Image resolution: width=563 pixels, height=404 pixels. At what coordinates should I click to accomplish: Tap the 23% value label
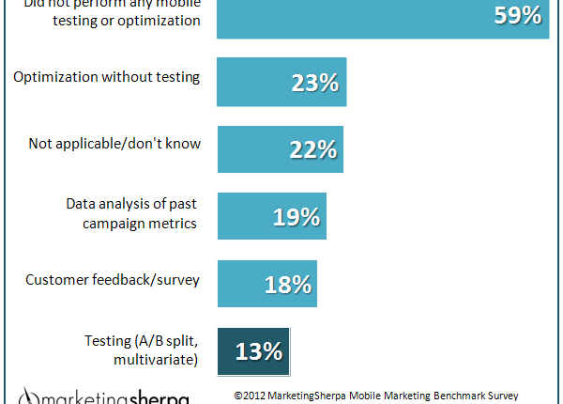[x=314, y=83]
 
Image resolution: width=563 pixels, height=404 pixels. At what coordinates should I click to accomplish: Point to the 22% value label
[x=312, y=150]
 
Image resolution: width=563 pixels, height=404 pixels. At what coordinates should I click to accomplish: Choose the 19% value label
[x=297, y=218]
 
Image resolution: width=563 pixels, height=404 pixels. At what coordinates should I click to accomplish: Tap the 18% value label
[x=290, y=285]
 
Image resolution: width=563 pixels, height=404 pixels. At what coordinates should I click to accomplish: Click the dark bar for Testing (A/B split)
[x=235, y=351]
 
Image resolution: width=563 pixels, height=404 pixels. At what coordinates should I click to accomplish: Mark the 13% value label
[x=258, y=352]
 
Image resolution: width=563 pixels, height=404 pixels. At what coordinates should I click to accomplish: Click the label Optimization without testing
[x=106, y=77]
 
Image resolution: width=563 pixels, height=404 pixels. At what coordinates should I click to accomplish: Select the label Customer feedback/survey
[x=113, y=279]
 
